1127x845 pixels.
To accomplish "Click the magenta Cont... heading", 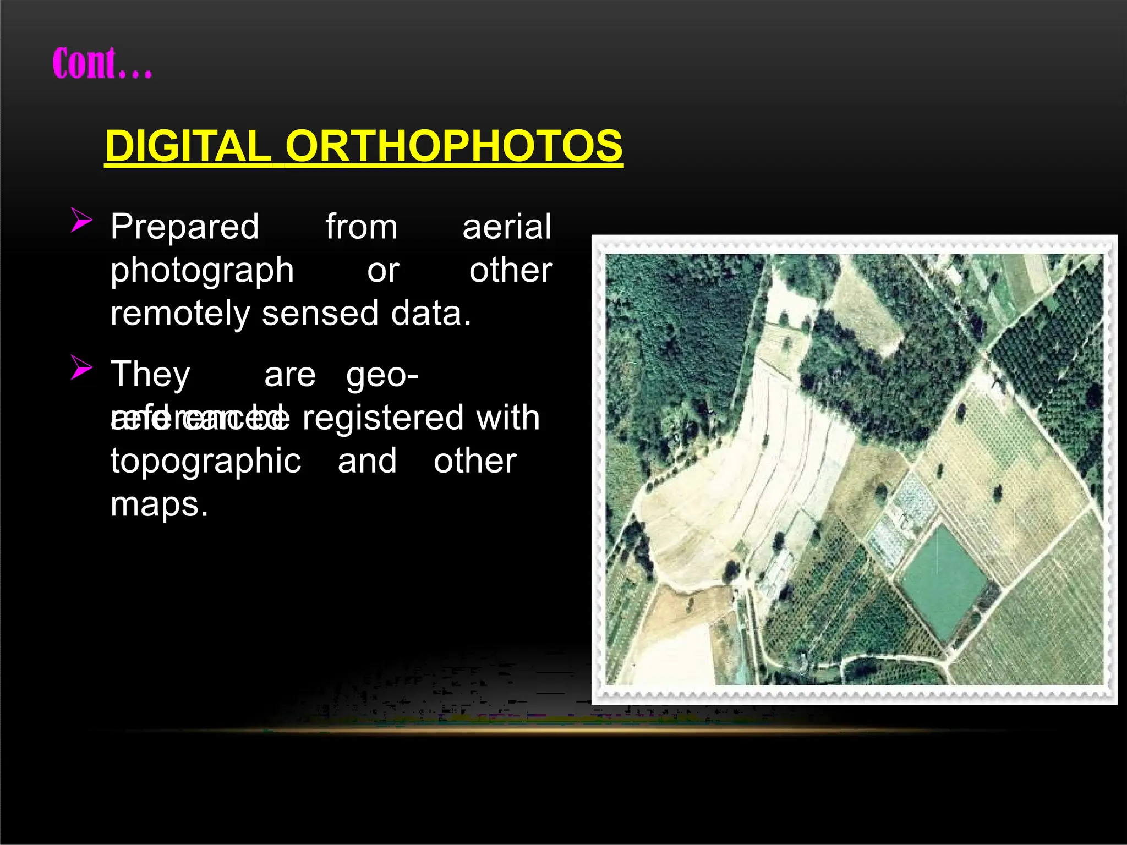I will [102, 64].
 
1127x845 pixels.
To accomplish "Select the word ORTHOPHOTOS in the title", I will [453, 146].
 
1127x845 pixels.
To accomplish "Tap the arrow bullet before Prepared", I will [81, 221].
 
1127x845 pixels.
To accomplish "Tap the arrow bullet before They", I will [81, 368].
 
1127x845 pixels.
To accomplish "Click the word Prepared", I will [184, 227].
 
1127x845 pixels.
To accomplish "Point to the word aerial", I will [506, 227].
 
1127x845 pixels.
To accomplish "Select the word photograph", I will [202, 271].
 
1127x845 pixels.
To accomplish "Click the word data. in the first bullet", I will [431, 314].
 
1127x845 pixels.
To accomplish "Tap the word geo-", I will [382, 375].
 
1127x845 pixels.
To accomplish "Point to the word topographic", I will [205, 462].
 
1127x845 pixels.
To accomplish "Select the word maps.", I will [159, 504].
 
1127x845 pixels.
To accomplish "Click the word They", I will [150, 375].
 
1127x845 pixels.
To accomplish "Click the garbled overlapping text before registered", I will [199, 419].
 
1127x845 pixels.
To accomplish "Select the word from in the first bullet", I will [361, 227].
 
